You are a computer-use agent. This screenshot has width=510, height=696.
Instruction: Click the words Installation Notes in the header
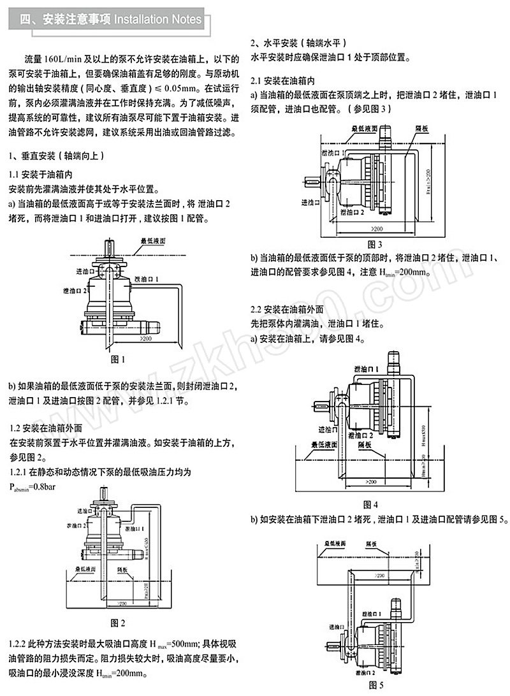click(157, 20)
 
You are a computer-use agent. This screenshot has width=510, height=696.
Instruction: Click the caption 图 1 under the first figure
click(119, 359)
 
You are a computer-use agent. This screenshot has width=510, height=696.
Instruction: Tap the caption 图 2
click(118, 621)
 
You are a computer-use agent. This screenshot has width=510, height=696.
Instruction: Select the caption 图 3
click(375, 244)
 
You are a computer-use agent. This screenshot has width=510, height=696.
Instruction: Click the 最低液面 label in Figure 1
click(154, 241)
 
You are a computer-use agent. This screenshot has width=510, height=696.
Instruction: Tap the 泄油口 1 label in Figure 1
click(147, 279)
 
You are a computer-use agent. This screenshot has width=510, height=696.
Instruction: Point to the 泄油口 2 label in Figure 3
click(352, 211)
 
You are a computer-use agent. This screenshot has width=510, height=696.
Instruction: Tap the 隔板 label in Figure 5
click(371, 545)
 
